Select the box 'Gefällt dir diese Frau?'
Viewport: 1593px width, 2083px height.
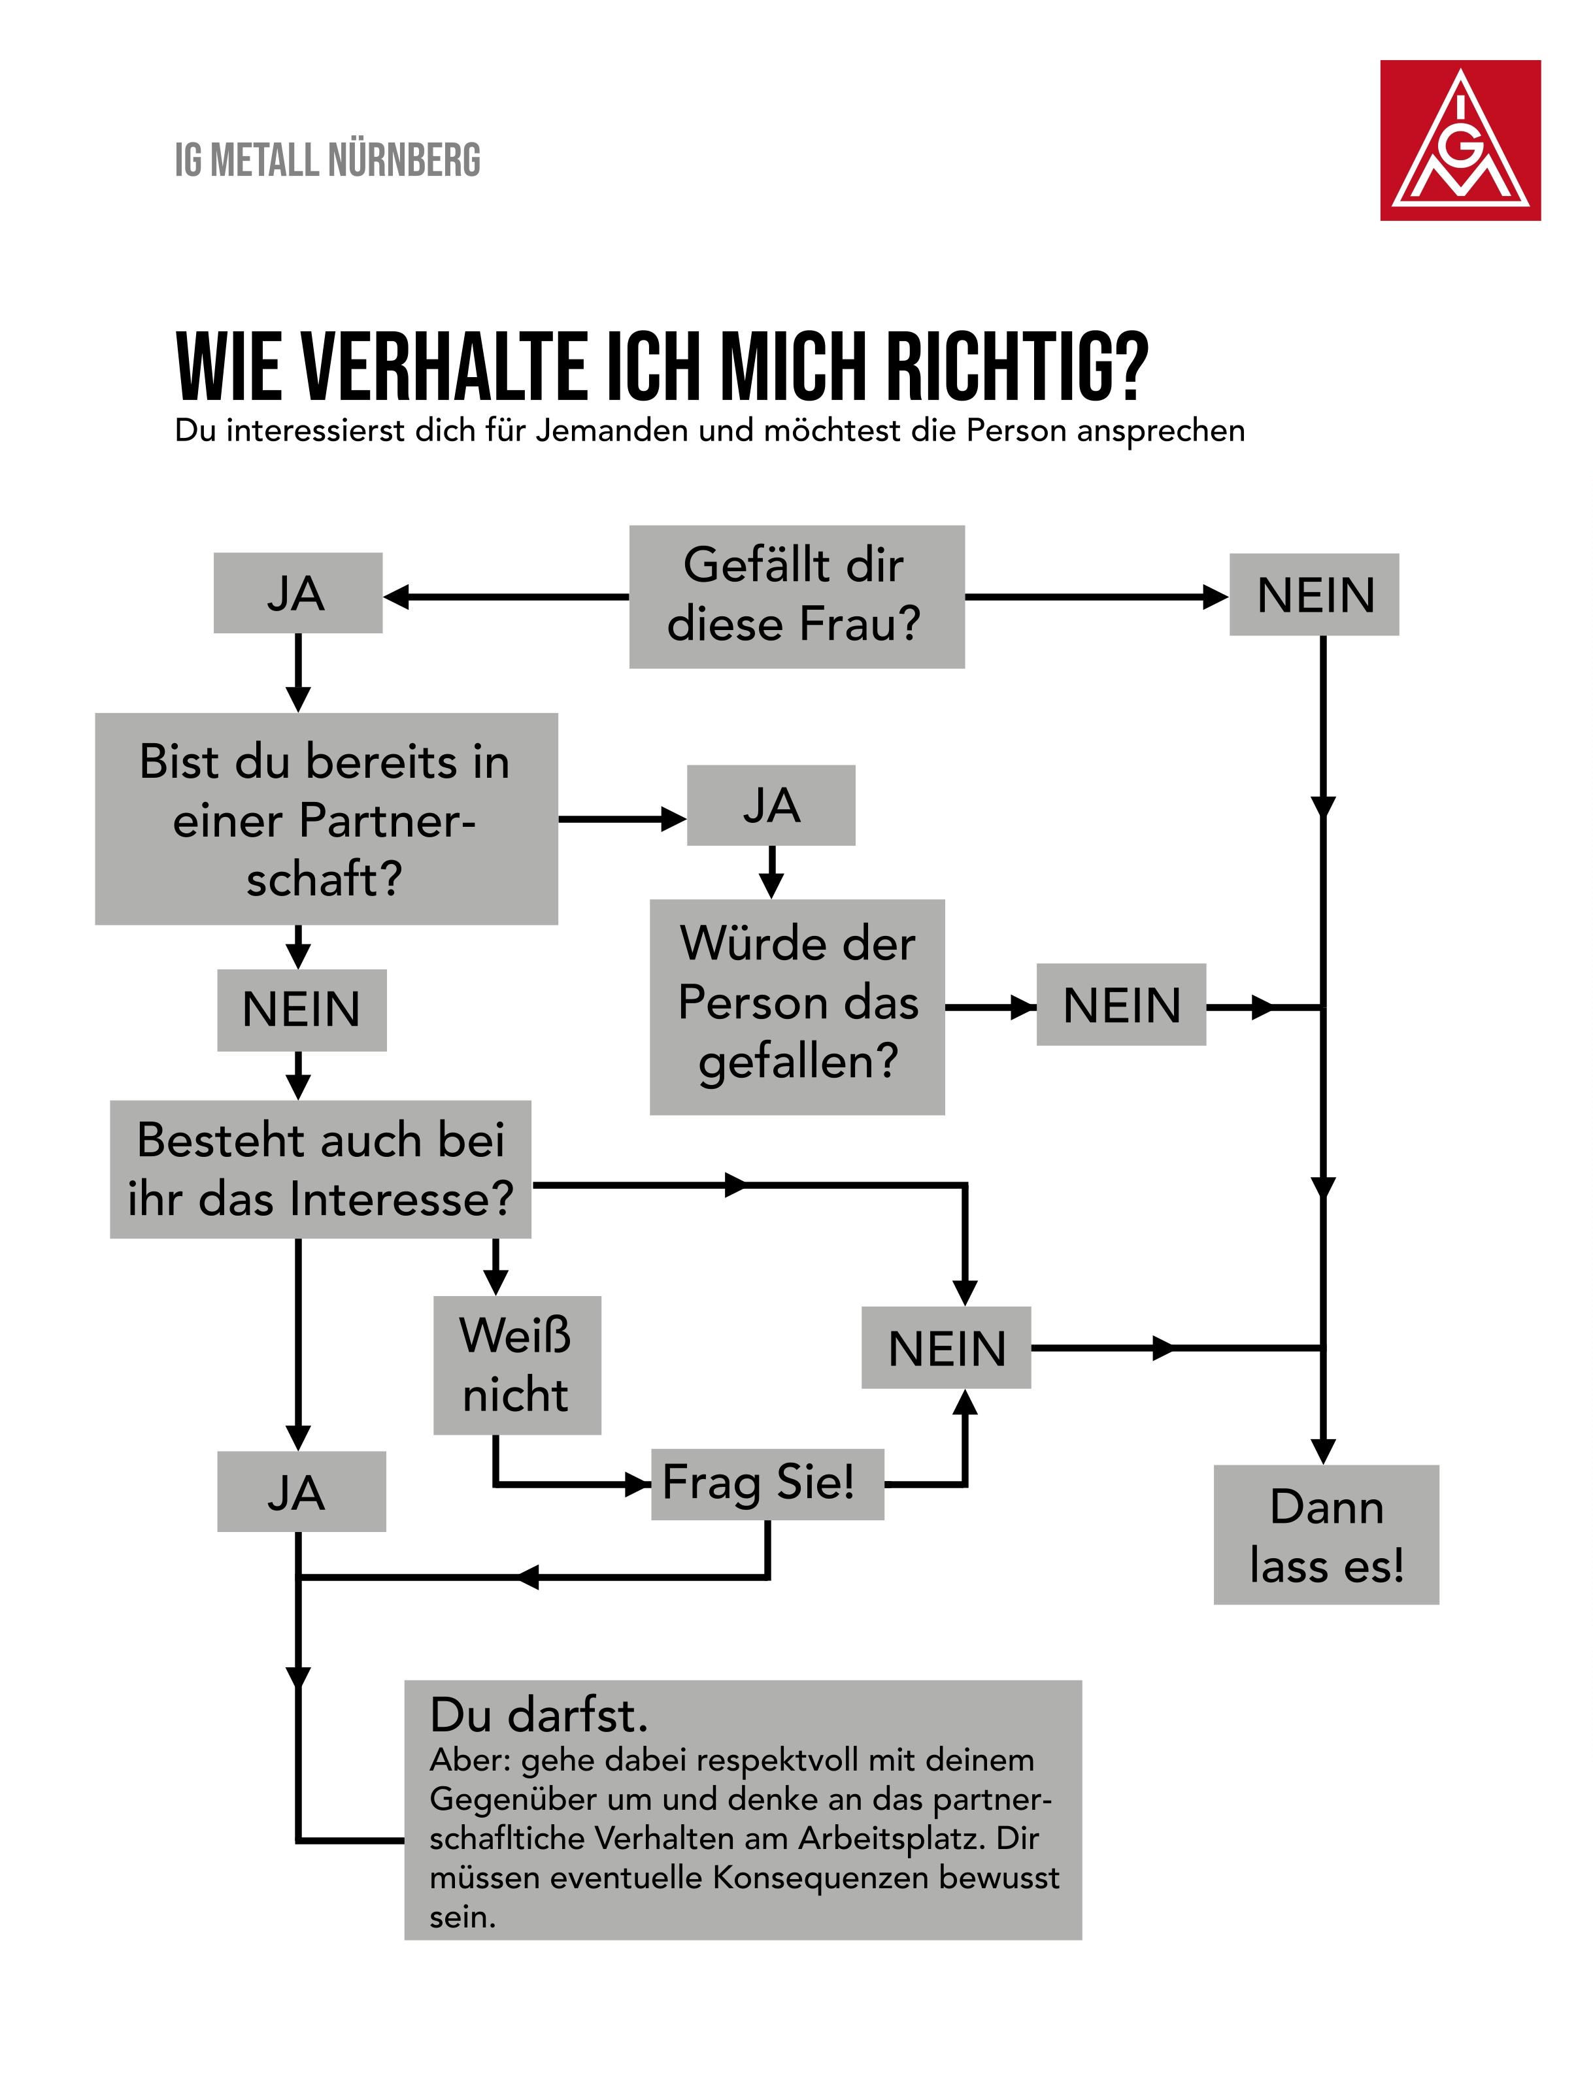click(796, 596)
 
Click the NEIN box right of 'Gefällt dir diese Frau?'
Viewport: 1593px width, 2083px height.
click(1315, 595)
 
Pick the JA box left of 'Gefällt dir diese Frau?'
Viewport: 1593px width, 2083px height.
click(297, 593)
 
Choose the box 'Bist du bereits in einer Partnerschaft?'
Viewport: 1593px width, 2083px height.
click(326, 819)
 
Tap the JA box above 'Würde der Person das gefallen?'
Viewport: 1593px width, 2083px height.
click(771, 805)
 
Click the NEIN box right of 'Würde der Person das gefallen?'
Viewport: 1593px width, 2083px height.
click(1121, 1005)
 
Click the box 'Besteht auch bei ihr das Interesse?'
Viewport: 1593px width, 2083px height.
click(320, 1169)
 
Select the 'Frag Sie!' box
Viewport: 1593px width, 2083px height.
click(767, 1484)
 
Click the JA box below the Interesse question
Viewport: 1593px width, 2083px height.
click(301, 1491)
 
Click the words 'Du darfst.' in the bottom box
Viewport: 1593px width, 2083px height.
click(539, 1715)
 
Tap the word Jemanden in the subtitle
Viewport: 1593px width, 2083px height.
click(612, 431)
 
